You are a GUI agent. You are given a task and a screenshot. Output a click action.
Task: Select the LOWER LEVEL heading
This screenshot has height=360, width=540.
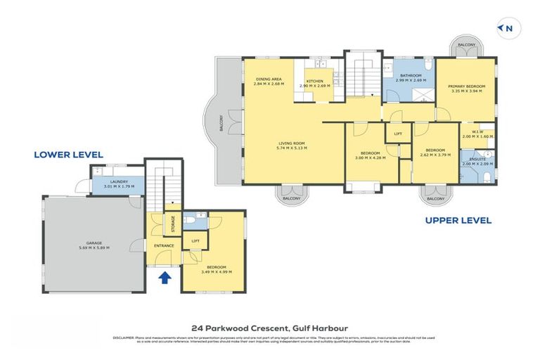(68, 155)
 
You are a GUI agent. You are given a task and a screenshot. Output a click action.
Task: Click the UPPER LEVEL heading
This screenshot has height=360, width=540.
(458, 220)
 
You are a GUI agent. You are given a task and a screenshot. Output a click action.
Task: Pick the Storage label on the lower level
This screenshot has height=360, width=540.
(172, 224)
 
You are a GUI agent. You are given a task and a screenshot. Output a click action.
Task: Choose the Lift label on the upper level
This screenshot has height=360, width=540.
(398, 133)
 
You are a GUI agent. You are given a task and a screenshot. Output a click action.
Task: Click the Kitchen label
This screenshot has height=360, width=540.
(314, 81)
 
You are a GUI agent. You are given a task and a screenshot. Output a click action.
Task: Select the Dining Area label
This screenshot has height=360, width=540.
(269, 79)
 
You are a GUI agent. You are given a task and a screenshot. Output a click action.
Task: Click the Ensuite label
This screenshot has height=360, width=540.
(477, 160)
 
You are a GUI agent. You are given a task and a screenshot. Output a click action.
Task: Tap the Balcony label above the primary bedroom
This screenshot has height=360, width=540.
(467, 45)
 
